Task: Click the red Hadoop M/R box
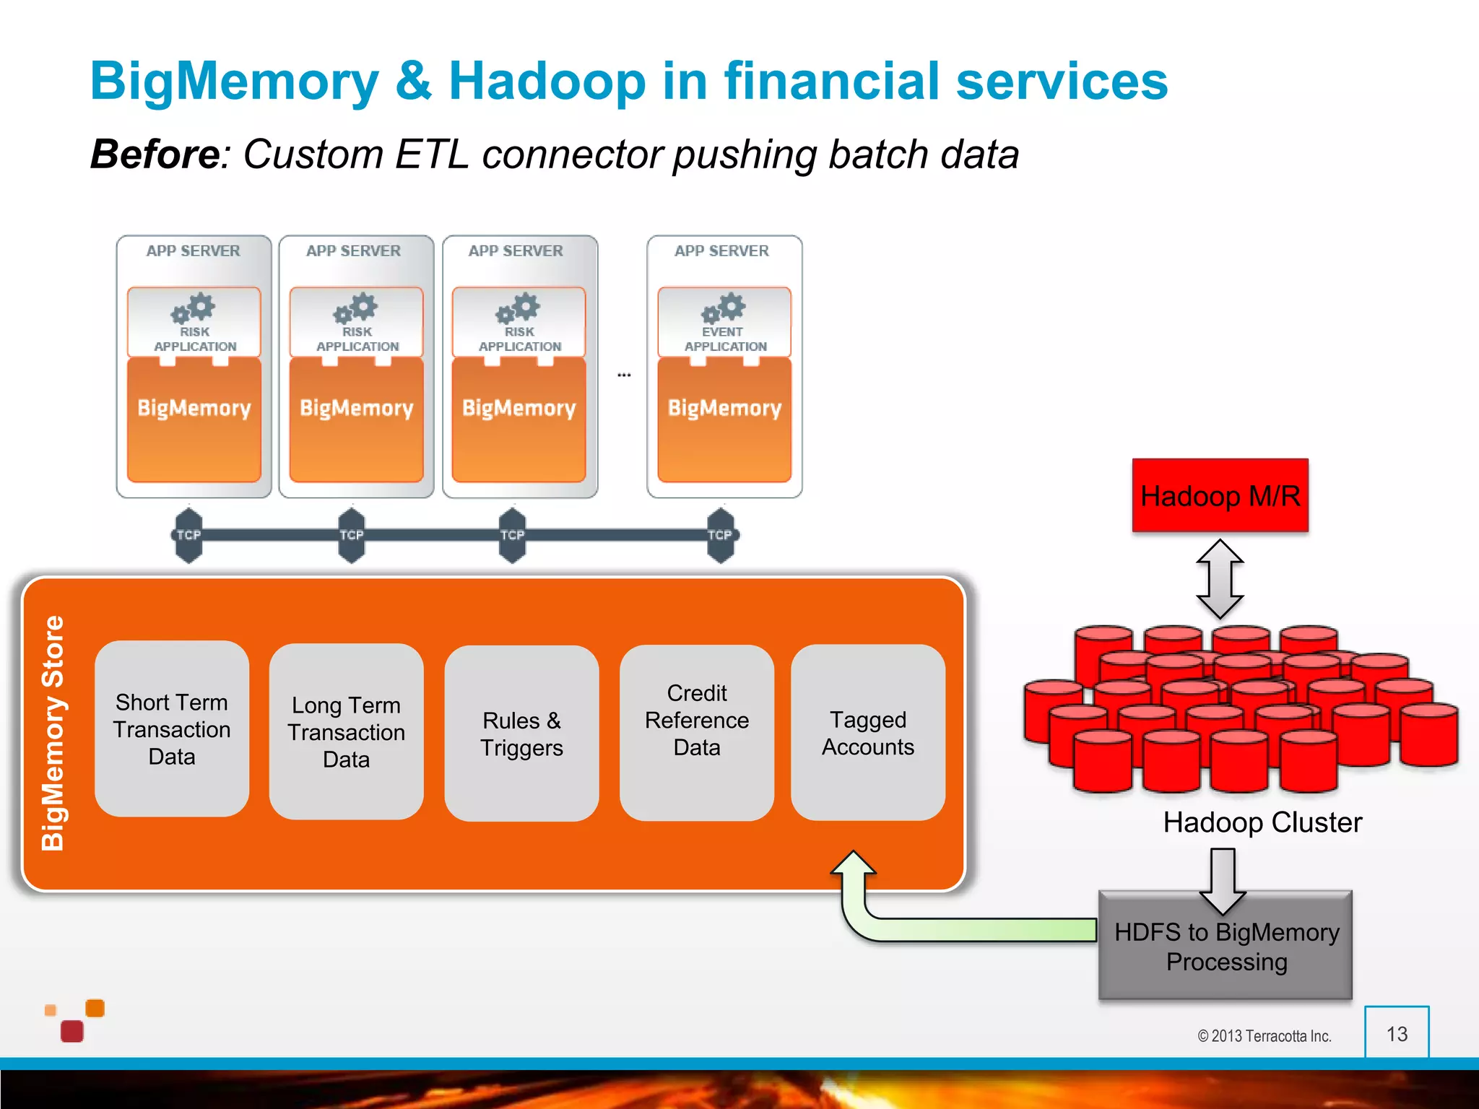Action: (x=1220, y=495)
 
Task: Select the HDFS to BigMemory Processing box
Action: (x=1226, y=947)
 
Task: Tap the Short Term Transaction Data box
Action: (x=172, y=729)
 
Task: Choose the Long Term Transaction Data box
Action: (x=346, y=731)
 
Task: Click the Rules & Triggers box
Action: (x=521, y=734)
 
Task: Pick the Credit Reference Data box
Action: (x=696, y=732)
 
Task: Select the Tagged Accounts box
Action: (x=867, y=732)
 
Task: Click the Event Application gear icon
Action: (x=724, y=308)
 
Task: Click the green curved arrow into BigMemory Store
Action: (x=939, y=927)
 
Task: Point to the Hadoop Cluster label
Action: (x=1262, y=822)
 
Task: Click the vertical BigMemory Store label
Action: (x=53, y=733)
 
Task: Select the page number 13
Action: (x=1397, y=1034)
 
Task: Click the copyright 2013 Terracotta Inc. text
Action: (x=1264, y=1036)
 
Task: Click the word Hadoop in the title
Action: (x=547, y=81)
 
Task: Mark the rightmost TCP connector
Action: (x=720, y=535)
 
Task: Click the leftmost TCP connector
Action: (x=188, y=535)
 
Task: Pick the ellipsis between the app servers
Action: (x=624, y=375)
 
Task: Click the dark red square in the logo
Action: (x=72, y=1031)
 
